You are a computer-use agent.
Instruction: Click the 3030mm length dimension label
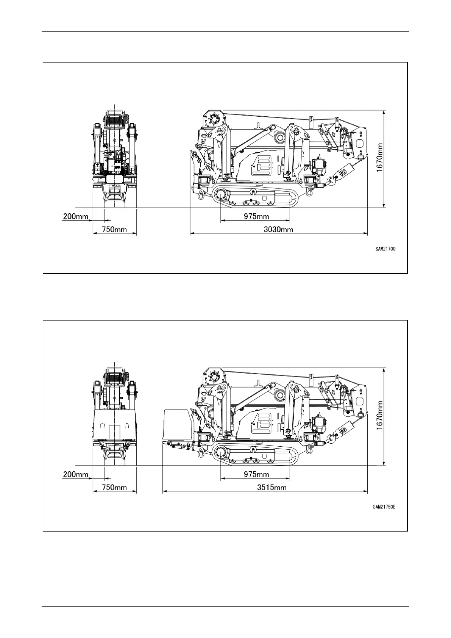coord(278,230)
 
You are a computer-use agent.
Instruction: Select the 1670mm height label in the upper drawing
coord(379,158)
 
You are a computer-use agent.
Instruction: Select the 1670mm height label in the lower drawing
coord(379,416)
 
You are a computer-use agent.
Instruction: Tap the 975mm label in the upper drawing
coord(256,216)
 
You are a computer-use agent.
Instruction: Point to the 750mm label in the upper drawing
coord(114,230)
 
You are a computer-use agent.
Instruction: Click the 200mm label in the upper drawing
coord(76,216)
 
